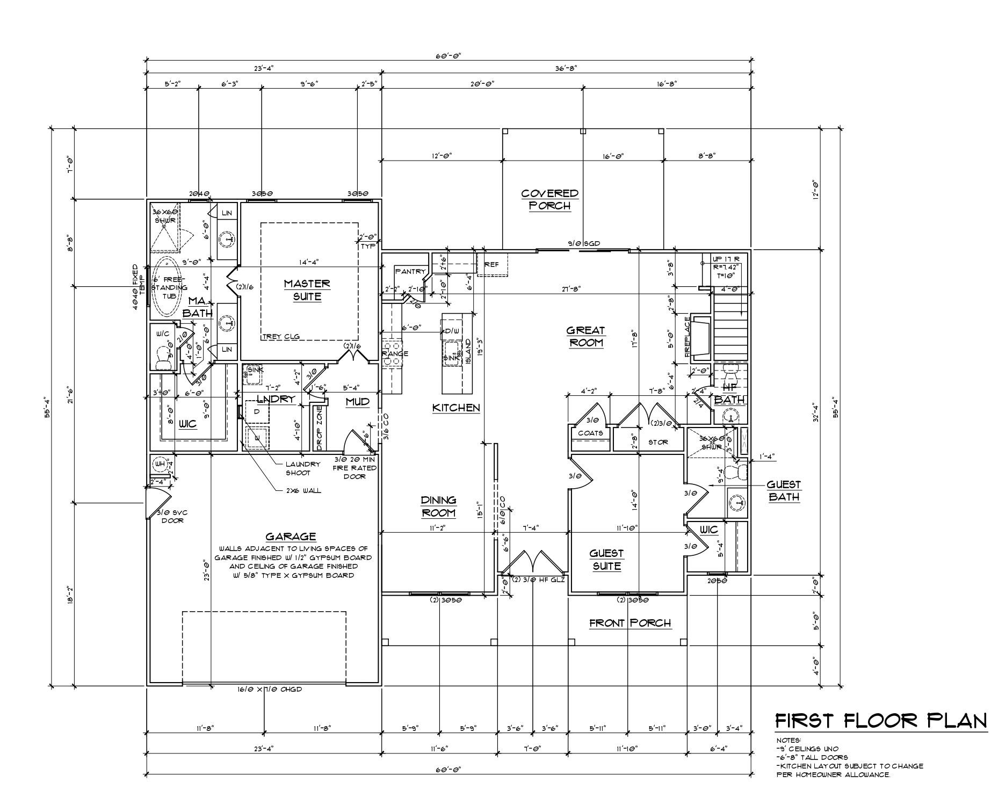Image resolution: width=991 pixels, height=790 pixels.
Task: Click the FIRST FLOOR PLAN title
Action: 881,721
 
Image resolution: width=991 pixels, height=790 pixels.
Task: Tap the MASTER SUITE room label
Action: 307,290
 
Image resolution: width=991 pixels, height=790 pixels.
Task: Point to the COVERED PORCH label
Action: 549,199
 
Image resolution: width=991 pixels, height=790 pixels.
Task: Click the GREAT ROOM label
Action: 585,337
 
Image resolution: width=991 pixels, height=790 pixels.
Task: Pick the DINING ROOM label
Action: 438,506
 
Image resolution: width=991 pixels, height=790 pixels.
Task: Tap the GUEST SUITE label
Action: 606,560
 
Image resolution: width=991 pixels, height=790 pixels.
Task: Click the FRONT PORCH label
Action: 630,623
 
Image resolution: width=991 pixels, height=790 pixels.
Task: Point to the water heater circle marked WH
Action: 160,463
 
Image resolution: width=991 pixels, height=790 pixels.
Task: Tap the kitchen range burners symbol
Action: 392,353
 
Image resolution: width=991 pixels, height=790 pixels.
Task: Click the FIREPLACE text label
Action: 688,337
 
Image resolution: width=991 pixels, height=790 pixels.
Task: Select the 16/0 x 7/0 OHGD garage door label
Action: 270,690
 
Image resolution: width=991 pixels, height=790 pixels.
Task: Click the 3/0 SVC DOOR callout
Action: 172,516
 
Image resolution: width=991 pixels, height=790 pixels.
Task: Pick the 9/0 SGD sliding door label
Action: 584,243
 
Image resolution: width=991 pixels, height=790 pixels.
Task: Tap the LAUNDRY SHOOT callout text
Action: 303,468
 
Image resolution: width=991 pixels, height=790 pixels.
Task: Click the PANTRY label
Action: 410,272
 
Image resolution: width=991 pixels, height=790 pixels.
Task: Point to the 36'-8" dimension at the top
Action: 566,68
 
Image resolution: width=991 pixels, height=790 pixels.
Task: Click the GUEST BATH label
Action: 784,491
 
